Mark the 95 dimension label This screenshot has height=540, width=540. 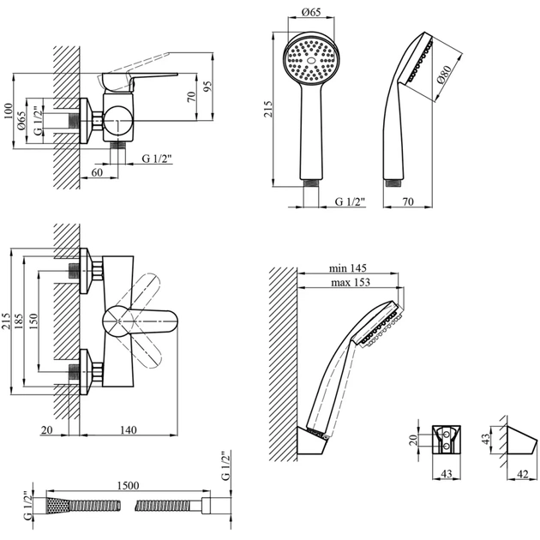click(208, 88)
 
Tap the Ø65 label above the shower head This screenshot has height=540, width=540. click(311, 13)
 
